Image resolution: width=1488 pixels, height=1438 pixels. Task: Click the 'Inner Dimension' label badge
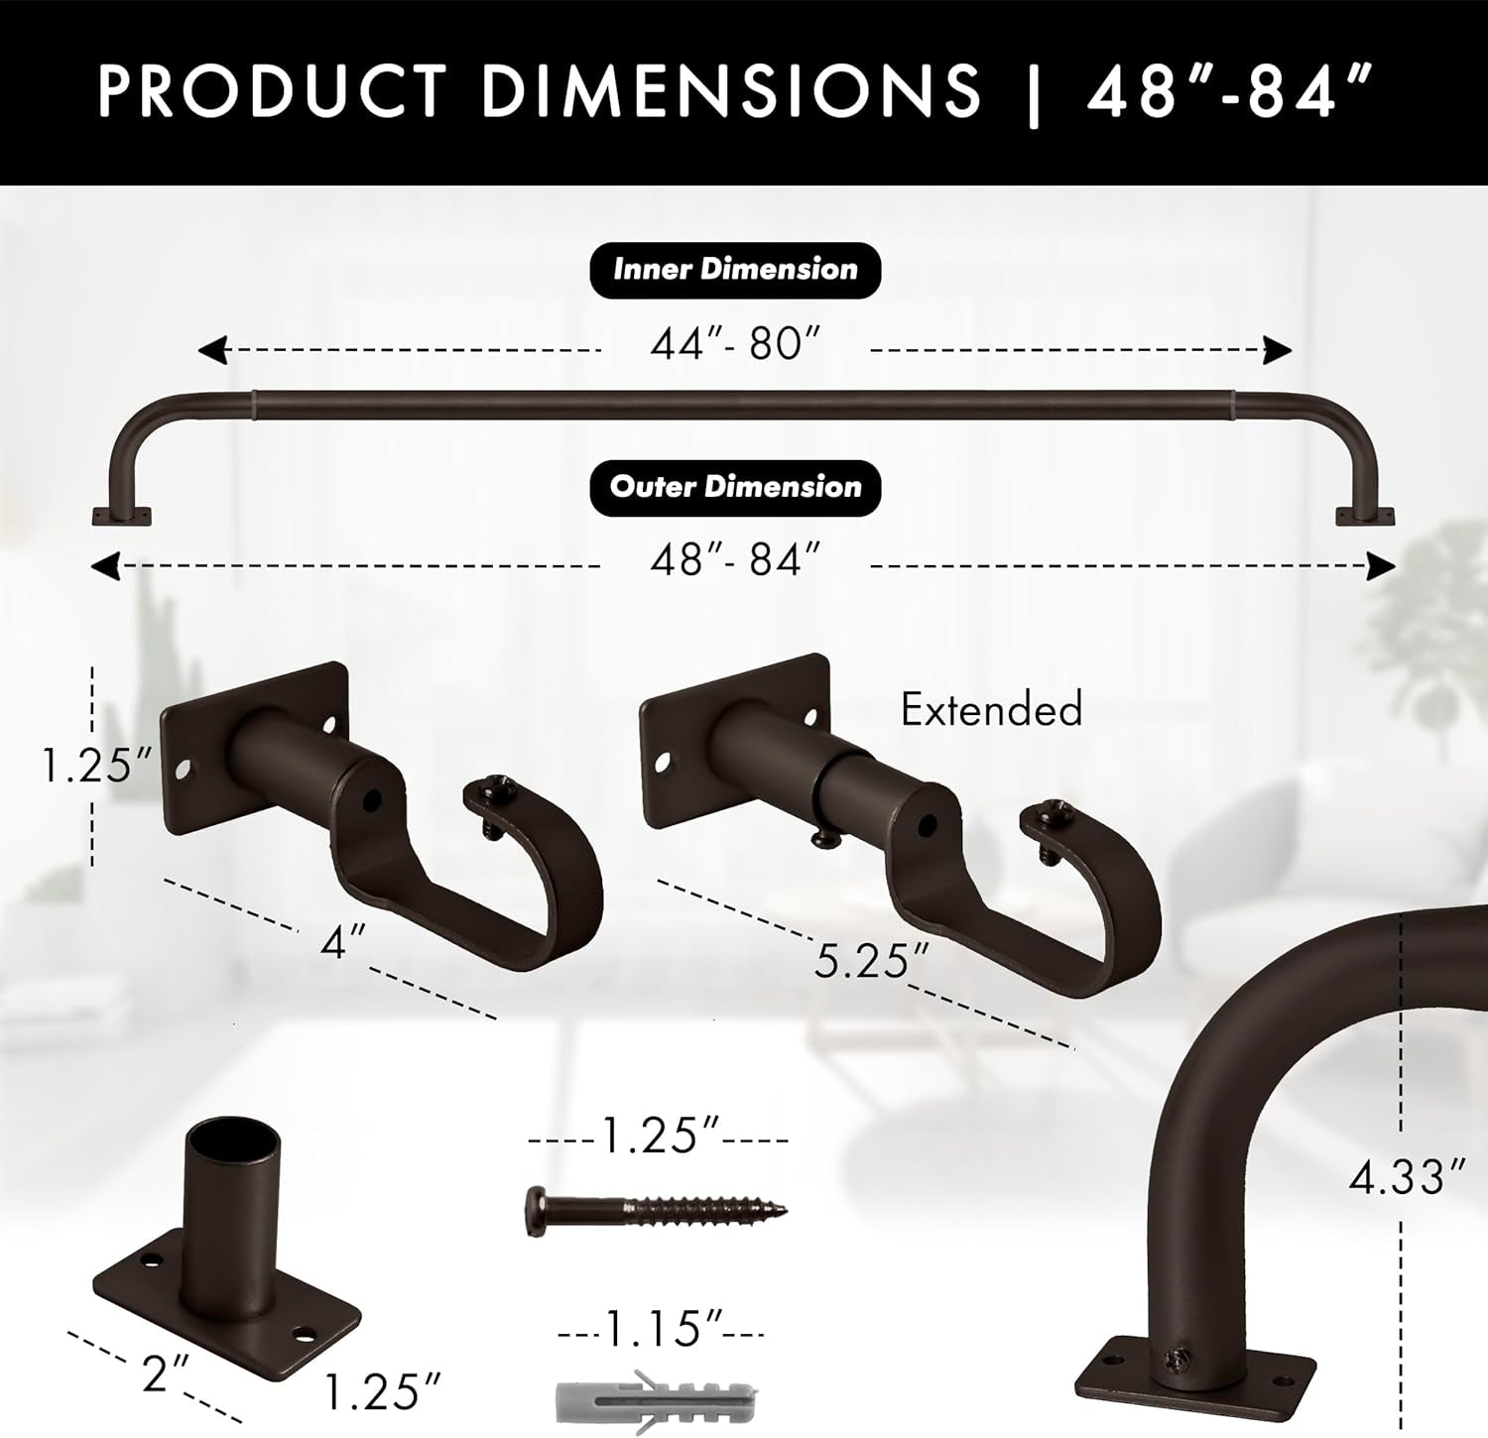tap(735, 270)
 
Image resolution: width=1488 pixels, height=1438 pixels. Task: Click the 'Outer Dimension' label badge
tap(735, 487)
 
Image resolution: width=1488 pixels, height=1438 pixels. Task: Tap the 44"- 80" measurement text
tap(735, 344)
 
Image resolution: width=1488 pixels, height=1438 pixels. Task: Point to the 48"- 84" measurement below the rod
tap(735, 561)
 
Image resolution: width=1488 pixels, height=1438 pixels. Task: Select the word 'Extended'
tap(991, 709)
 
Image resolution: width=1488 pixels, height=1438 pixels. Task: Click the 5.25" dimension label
tap(872, 960)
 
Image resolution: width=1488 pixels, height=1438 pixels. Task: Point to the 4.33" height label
tap(1407, 1177)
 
